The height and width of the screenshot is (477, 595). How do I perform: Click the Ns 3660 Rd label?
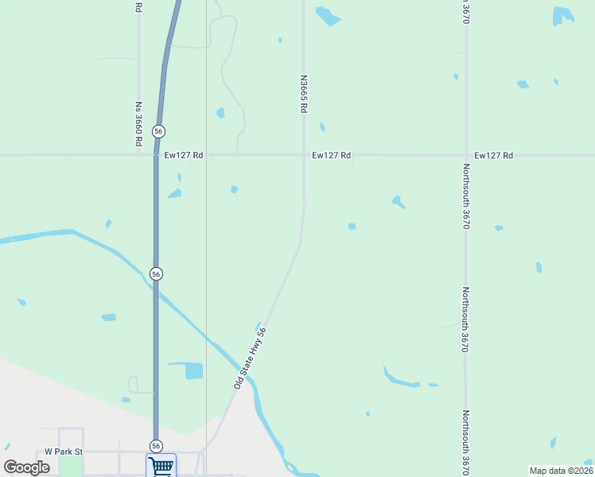pyautogui.click(x=138, y=123)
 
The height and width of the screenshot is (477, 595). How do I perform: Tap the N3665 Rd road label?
pyautogui.click(x=303, y=94)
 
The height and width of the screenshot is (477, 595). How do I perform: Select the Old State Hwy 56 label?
pyautogui.click(x=250, y=359)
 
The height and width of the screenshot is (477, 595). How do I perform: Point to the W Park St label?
pyautogui.click(x=64, y=451)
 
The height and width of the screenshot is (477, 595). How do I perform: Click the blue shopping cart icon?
pyautogui.click(x=161, y=466)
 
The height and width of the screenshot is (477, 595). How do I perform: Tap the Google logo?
pyautogui.click(x=27, y=467)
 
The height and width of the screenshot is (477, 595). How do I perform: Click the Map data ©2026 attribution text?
pyautogui.click(x=560, y=471)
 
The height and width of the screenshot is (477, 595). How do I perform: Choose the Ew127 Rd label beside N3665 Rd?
pyautogui.click(x=332, y=155)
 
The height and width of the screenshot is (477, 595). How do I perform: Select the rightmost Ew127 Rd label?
pyautogui.click(x=493, y=155)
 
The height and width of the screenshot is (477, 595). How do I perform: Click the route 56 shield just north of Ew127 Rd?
pyautogui.click(x=159, y=130)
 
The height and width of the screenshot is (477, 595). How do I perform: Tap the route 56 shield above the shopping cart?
pyautogui.click(x=156, y=446)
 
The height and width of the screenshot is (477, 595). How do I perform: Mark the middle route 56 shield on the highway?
pyautogui.click(x=156, y=273)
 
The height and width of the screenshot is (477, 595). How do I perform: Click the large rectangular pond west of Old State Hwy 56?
pyautogui.click(x=193, y=371)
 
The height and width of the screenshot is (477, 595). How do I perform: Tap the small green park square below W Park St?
pyautogui.click(x=72, y=467)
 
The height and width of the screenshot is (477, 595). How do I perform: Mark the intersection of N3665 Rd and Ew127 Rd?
pyautogui.click(x=303, y=155)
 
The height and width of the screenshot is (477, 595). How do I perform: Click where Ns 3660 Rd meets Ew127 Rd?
pyautogui.click(x=138, y=155)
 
